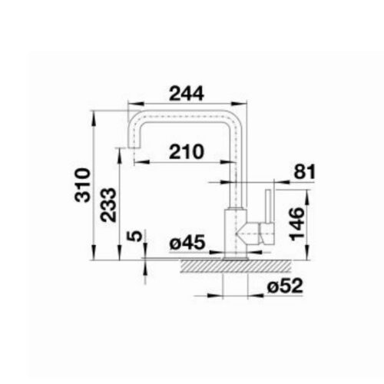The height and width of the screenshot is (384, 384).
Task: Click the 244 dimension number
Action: pos(187,94)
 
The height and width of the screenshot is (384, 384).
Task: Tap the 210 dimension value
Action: pos(187,151)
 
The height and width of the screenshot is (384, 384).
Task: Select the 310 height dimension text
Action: pos(83,185)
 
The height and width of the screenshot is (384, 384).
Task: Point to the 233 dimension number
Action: pos(108,205)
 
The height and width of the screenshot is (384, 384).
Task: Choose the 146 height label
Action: pos(297,224)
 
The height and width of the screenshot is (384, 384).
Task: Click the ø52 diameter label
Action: pos(285,286)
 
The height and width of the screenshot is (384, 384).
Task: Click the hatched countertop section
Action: pos(236,266)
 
